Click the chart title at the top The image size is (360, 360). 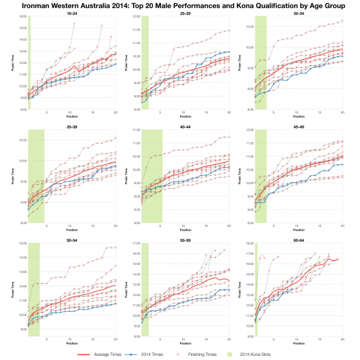tap(180, 5)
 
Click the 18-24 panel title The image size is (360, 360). tap(73, 14)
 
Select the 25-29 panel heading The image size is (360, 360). tap(185, 14)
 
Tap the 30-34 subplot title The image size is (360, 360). tap(298, 14)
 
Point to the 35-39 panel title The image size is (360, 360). tap(73, 126)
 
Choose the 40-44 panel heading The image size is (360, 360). tap(185, 126)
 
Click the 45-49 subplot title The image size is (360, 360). tap(298, 126)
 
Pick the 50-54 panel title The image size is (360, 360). tap(73, 239)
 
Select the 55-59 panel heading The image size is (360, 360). tap(185, 239)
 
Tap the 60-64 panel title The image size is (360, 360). tap(298, 239)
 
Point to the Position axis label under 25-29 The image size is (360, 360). tap(185, 116)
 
